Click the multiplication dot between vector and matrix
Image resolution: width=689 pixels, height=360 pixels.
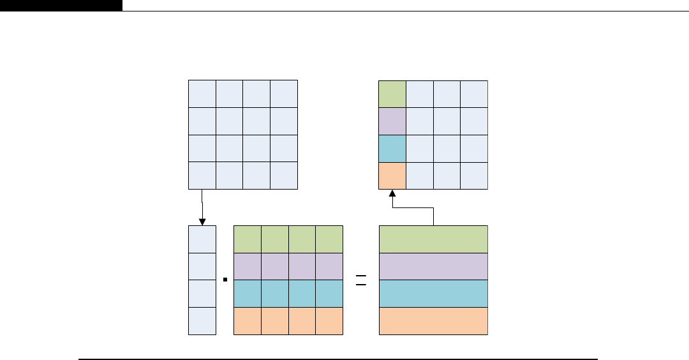click(225, 280)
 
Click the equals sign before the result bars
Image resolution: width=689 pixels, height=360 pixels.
click(361, 280)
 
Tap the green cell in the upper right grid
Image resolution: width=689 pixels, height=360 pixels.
click(392, 94)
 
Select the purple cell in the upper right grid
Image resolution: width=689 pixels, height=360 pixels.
click(392, 121)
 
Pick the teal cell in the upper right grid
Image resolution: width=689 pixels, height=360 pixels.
click(392, 149)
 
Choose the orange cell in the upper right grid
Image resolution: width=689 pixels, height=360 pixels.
click(392, 176)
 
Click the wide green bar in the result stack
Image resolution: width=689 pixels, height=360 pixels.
click(434, 239)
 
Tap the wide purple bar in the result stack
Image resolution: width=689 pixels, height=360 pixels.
click(434, 266)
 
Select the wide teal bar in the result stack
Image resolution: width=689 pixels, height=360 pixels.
click(434, 294)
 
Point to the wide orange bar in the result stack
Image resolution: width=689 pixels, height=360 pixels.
click(434, 321)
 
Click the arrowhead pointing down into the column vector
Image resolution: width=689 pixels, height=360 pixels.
click(202, 221)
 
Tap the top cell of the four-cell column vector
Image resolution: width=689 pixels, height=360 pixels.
click(202, 239)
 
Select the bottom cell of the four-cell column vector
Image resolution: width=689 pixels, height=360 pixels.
click(202, 321)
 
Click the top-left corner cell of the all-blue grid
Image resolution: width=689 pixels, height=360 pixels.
click(202, 94)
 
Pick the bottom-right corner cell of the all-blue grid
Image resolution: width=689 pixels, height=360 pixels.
click(284, 176)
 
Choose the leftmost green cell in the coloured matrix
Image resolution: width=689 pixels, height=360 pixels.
click(248, 239)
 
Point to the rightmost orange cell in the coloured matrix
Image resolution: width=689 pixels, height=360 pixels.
click(329, 321)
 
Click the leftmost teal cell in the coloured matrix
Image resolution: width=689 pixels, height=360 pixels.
click(248, 294)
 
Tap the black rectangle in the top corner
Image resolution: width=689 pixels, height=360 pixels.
click(61, 5)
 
